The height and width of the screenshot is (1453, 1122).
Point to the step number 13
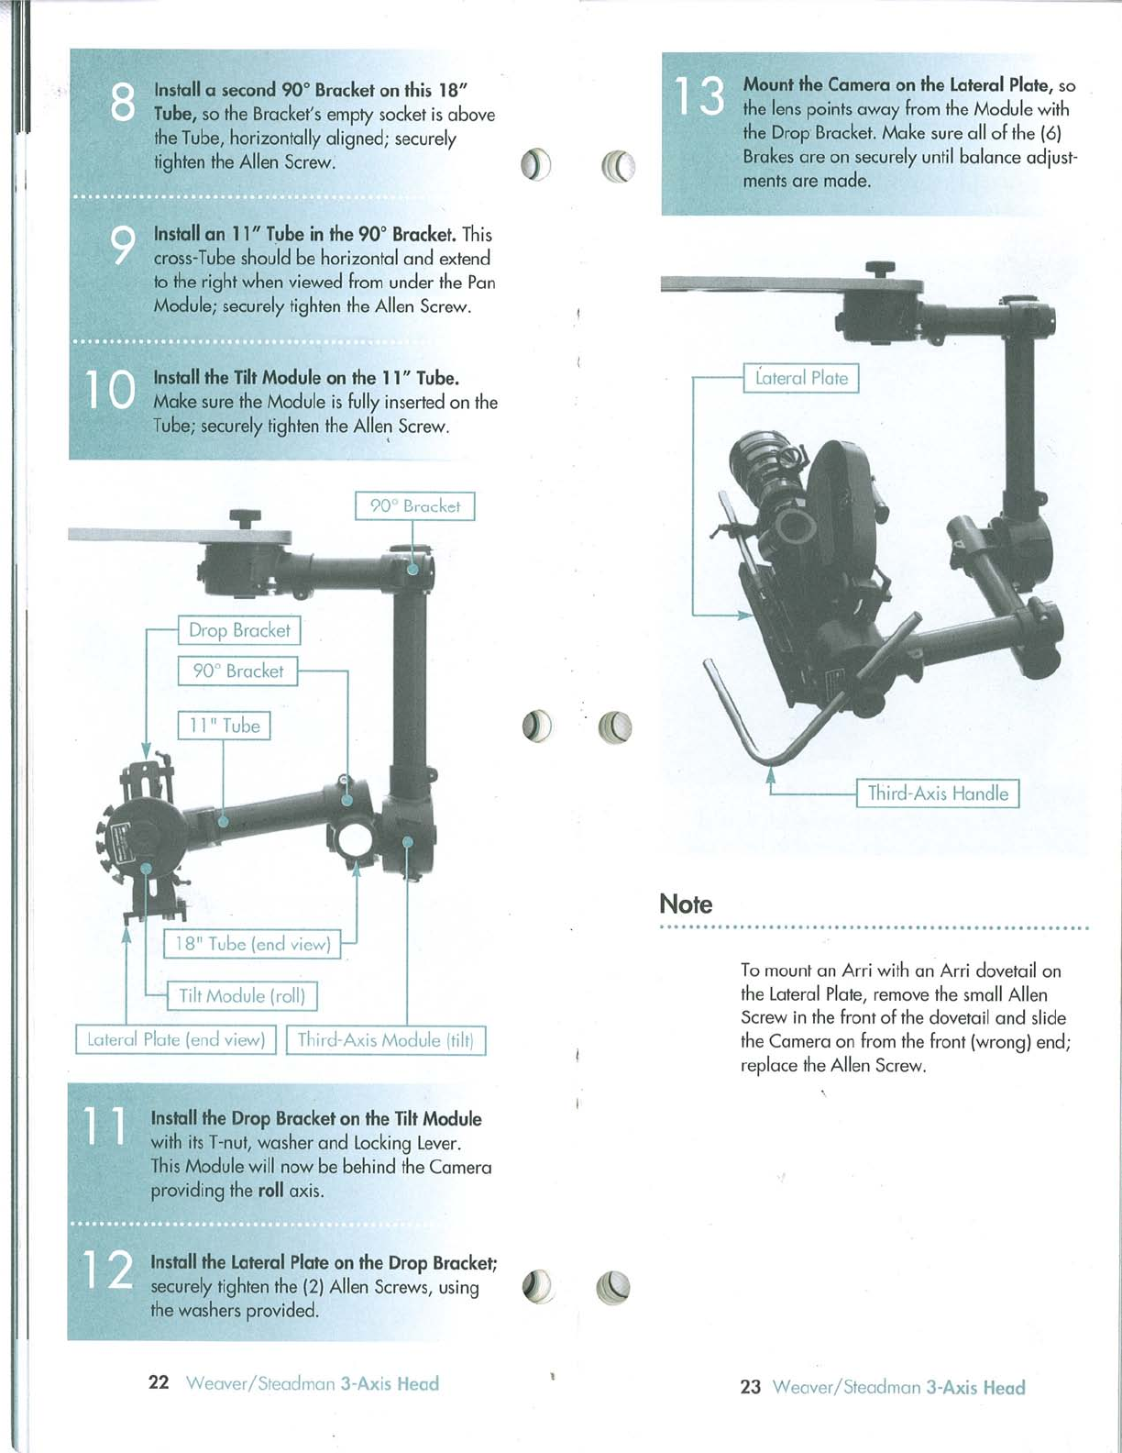[x=698, y=96]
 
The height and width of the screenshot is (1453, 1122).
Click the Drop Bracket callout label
[x=238, y=630]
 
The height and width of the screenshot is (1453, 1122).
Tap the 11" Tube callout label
[x=224, y=726]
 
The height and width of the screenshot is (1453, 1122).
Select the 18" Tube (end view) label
[x=252, y=944]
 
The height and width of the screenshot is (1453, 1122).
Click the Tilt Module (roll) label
[x=242, y=995]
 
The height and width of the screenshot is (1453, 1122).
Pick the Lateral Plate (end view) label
[x=175, y=1039]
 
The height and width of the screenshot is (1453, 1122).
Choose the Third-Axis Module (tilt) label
[x=386, y=1039]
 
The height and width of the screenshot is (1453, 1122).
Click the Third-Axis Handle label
[x=938, y=793]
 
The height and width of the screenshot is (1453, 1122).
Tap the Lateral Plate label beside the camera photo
[x=801, y=378]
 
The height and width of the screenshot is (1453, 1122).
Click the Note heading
[x=686, y=904]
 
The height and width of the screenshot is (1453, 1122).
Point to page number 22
[x=159, y=1382]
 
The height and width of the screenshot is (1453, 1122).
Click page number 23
[x=751, y=1386]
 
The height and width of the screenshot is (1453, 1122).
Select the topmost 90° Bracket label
[x=414, y=505]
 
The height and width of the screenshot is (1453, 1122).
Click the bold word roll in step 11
[x=271, y=1191]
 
